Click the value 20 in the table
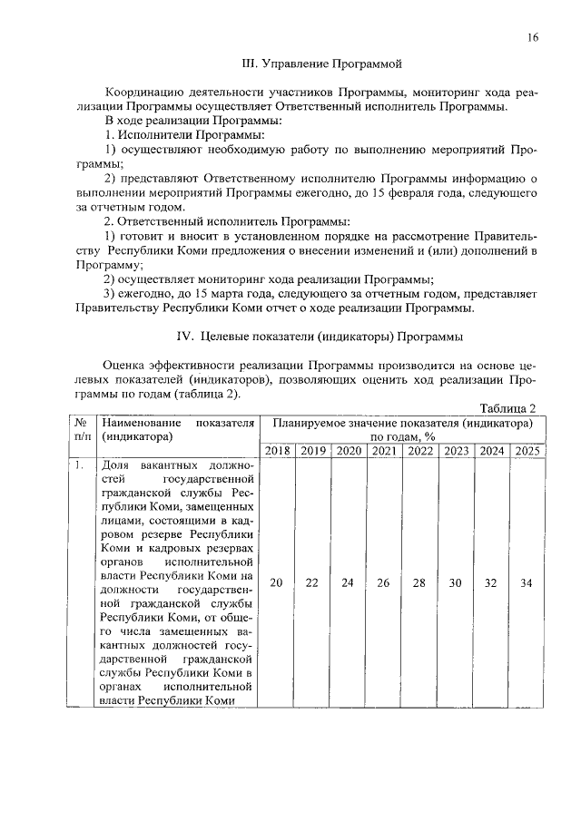[276, 583]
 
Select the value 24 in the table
[347, 583]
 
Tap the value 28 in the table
[419, 583]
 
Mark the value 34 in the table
[526, 583]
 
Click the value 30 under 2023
[456, 583]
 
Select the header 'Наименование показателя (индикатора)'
[177, 429]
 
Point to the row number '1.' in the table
[80, 466]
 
